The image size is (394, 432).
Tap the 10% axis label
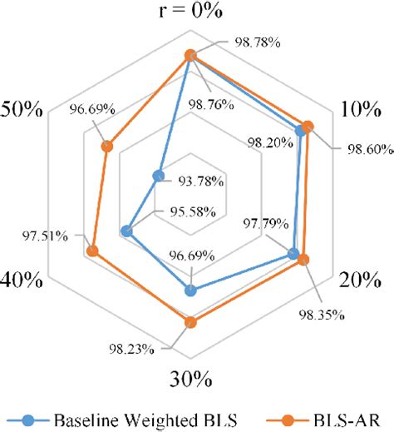[361, 111]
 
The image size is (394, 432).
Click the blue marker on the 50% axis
[158, 176]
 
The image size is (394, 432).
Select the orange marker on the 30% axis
[190, 322]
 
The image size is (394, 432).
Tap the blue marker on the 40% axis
[126, 231]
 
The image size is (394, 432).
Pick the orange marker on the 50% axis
[107, 147]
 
